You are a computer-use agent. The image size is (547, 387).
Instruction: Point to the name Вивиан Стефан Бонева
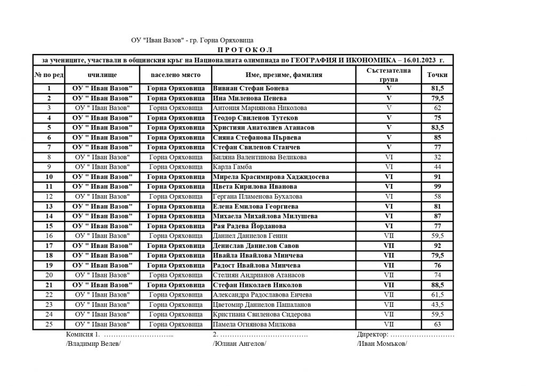point(251,88)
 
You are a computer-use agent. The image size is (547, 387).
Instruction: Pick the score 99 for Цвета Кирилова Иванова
point(437,187)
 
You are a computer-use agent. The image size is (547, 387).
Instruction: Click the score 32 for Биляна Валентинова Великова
point(437,157)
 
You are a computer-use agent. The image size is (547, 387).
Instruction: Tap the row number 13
point(49,206)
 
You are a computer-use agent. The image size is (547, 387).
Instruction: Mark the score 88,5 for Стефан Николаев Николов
point(437,285)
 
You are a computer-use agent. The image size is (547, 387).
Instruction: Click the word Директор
point(373,335)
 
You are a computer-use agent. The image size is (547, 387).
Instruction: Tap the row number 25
point(49,324)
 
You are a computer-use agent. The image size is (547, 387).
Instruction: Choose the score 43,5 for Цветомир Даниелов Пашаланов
point(437,305)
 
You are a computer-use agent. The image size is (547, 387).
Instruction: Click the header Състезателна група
point(389,75)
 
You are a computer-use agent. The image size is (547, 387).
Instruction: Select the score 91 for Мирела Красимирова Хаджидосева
point(437,177)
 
